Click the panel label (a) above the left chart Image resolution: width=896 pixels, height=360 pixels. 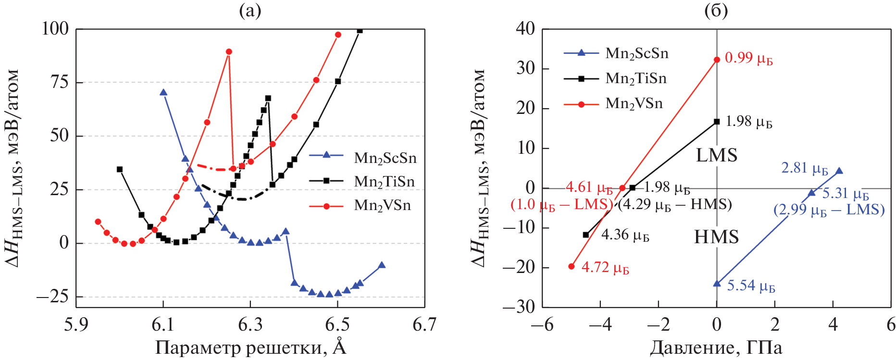pos(250,10)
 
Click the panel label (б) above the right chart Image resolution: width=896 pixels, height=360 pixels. pos(716,10)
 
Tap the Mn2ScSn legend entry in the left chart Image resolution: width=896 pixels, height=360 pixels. pos(385,158)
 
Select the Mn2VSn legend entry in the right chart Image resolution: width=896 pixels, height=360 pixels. pos(634,103)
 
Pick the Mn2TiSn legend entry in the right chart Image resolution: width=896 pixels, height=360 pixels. pos(635,78)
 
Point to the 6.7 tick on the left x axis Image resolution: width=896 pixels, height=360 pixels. pos(424,325)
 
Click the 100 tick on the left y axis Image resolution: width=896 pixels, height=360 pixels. pos(55,29)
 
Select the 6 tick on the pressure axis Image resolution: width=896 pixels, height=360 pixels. pos(891,325)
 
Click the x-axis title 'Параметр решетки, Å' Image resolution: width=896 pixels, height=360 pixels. pos(250,347)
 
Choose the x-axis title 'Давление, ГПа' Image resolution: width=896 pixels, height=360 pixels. pos(716,347)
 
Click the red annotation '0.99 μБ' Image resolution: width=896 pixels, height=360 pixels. pos(748,58)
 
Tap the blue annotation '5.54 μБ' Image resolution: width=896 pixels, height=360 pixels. pos(751,286)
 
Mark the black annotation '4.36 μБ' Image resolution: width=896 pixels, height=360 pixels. pos(625,235)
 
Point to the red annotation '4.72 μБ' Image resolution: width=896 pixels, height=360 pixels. pos(605,267)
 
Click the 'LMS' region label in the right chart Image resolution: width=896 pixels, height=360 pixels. pos(716,155)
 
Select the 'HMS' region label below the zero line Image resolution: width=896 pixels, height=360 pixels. pos(716,237)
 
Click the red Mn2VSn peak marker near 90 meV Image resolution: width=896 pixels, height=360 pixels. pos(229,52)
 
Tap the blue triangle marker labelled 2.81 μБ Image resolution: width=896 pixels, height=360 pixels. pos(839,171)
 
